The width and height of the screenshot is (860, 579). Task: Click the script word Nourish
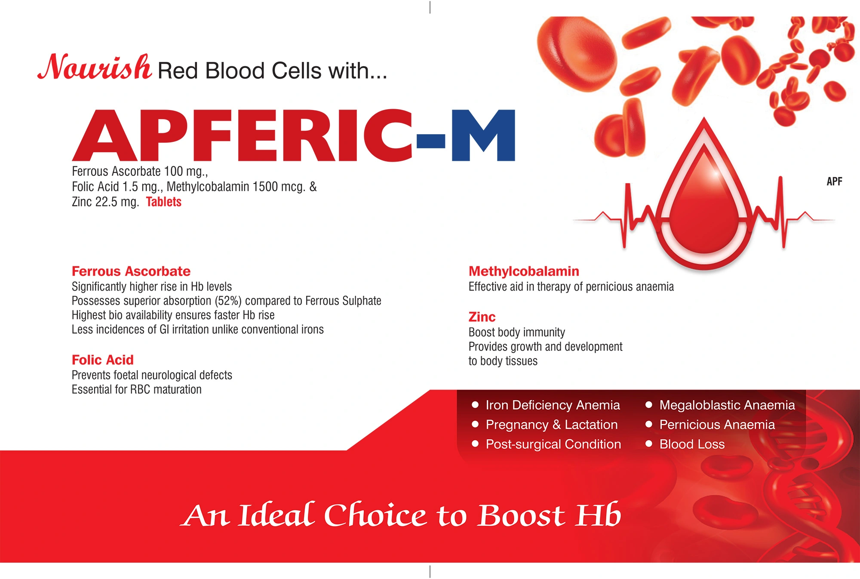tap(95, 67)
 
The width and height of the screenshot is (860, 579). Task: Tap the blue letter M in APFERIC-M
tap(483, 135)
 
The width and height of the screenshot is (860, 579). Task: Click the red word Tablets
tap(164, 202)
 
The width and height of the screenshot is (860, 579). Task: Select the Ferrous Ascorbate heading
tap(131, 271)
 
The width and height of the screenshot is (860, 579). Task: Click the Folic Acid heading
tap(103, 360)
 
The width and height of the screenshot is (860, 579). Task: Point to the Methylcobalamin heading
tap(524, 271)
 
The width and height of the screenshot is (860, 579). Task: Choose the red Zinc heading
tap(482, 317)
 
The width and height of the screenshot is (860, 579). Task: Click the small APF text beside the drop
tap(834, 181)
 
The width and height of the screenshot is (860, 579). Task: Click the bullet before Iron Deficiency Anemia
tap(475, 404)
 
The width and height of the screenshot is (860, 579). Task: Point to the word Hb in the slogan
tap(599, 515)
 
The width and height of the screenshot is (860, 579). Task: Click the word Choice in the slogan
tap(375, 515)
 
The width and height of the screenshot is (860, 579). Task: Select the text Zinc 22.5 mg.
tap(105, 202)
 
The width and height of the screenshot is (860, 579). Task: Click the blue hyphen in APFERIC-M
tap(431, 141)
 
